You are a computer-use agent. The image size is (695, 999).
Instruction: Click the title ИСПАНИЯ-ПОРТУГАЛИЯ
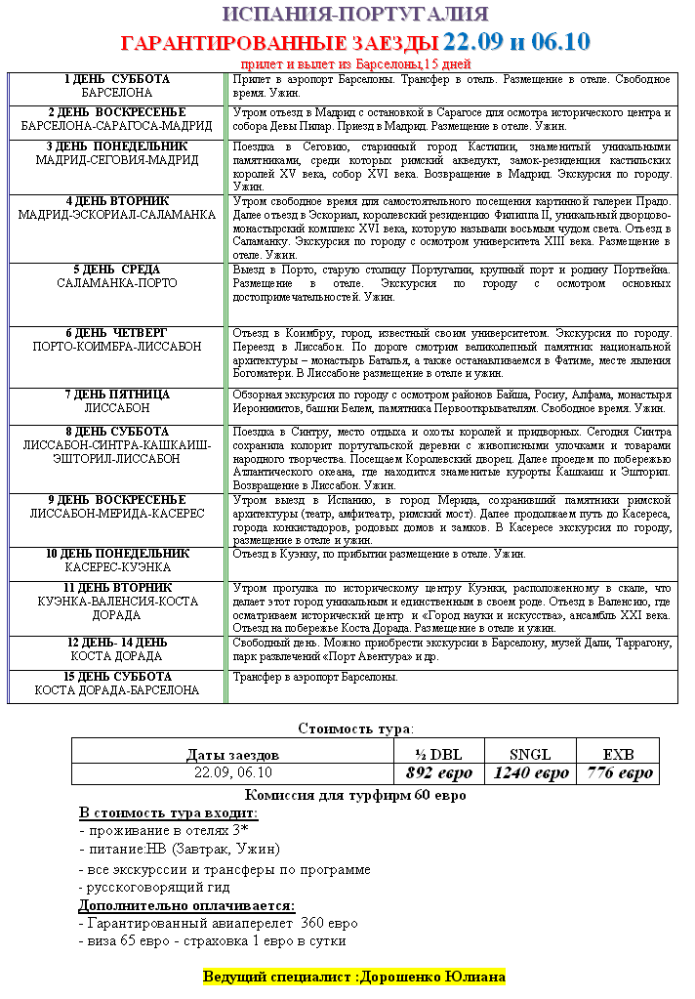[x=355, y=15]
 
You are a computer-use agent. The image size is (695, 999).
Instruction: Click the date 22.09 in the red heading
[x=471, y=42]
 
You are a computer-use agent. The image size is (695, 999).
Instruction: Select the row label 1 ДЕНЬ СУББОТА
[x=117, y=79]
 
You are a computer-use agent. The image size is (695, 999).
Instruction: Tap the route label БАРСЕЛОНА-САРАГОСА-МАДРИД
[x=117, y=126]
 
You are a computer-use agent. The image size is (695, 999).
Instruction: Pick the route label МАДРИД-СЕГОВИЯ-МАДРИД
[x=117, y=160]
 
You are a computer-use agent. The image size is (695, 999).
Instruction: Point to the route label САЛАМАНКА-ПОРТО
[x=117, y=283]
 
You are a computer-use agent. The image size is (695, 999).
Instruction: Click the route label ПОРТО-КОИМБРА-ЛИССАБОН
[x=117, y=347]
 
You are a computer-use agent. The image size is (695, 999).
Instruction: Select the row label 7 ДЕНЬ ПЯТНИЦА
[x=117, y=395]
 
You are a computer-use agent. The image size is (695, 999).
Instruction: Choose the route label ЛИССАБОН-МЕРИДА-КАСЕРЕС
[x=117, y=514]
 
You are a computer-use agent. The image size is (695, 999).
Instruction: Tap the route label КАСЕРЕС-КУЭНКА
[x=117, y=566]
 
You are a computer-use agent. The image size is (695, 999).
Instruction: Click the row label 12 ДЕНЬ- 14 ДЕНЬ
[x=117, y=643]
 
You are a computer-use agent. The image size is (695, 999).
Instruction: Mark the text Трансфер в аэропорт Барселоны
[x=314, y=677]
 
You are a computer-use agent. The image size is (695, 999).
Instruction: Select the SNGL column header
[x=530, y=754]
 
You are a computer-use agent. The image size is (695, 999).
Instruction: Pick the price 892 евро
[x=438, y=773]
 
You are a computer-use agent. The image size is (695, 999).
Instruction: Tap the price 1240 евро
[x=530, y=773]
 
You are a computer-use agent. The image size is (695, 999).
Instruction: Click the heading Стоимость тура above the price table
[x=355, y=728]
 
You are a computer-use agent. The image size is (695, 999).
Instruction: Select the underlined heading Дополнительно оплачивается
[x=186, y=905]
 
